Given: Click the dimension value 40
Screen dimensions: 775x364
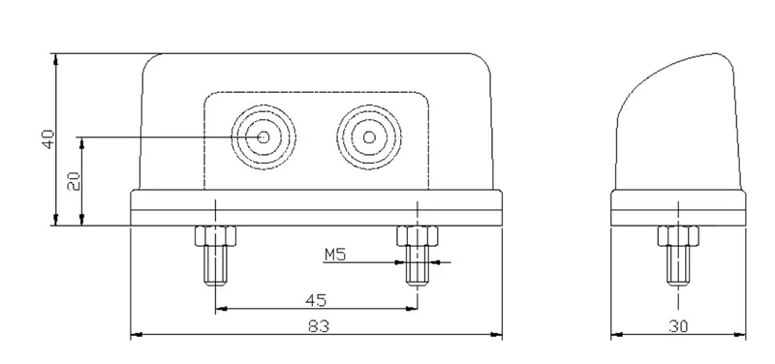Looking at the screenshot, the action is click(47, 139).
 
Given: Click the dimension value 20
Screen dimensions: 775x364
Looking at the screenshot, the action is click(74, 181).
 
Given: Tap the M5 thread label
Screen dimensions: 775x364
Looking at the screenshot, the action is click(334, 255).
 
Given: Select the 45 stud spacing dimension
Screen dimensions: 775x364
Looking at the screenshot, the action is click(316, 300).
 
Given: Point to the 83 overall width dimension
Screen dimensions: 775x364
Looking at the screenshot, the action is click(319, 326).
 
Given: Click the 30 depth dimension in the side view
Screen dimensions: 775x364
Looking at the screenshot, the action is click(677, 326).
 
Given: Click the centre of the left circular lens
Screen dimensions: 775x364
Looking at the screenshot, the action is click(263, 136).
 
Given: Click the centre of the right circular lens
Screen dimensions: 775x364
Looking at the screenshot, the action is click(369, 136).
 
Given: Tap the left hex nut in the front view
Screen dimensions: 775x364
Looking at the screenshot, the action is click(215, 235).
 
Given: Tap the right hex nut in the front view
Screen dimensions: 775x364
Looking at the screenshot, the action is click(418, 235).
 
